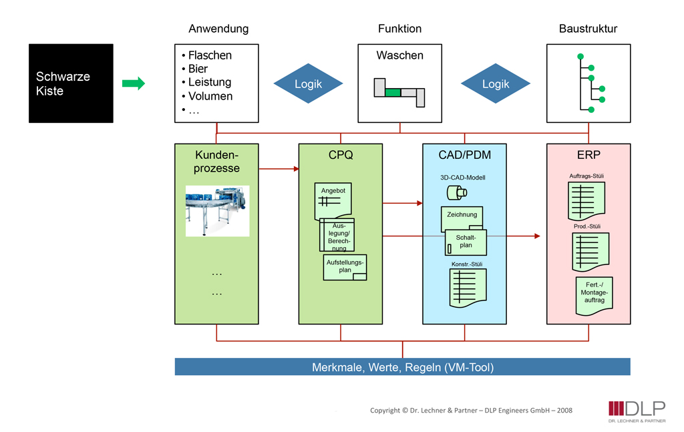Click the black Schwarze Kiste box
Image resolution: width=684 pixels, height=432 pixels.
(x=71, y=83)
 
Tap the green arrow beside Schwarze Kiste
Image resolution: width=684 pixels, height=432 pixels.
(x=134, y=83)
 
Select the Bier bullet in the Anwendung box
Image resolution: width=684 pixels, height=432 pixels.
(x=198, y=69)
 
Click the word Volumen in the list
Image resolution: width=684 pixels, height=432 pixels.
(x=210, y=96)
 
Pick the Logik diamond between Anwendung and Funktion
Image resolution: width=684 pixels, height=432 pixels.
(x=308, y=84)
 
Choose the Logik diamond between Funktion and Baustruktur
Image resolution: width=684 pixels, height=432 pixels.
(x=495, y=84)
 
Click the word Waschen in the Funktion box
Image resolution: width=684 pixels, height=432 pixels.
(x=399, y=56)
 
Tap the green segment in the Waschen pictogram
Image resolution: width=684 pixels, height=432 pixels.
(x=393, y=92)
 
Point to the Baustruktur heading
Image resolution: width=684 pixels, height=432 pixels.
(x=588, y=29)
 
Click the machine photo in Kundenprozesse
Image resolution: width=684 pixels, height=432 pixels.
(x=217, y=210)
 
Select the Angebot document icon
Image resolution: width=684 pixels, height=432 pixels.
(x=333, y=202)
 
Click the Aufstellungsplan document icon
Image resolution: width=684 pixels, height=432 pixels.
(x=345, y=267)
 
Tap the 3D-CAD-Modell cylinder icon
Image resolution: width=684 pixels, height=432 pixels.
(x=456, y=193)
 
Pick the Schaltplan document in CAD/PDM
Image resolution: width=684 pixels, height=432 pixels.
(x=466, y=242)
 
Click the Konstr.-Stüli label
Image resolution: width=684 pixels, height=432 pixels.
(x=467, y=264)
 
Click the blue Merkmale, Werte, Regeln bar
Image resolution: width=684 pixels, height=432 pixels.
(x=402, y=367)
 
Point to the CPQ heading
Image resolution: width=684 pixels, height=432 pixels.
(x=340, y=156)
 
